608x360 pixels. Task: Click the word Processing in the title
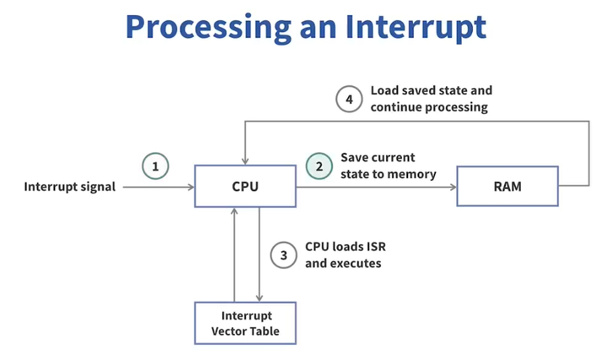[209, 28]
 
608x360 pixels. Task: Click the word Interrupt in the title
[415, 27]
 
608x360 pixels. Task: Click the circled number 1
[155, 166]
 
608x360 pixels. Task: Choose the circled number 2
[319, 166]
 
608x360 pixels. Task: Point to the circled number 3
[284, 255]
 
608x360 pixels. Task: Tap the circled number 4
[349, 100]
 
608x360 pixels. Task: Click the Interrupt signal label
[70, 187]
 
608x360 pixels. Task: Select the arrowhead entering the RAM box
[453, 187]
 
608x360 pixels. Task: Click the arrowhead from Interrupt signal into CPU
[191, 187]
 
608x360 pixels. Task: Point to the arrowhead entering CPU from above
[245, 161]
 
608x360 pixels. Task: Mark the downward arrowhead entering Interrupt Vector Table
[259, 297]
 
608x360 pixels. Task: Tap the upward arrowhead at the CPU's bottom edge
[234, 212]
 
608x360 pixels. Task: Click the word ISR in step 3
[376, 247]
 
